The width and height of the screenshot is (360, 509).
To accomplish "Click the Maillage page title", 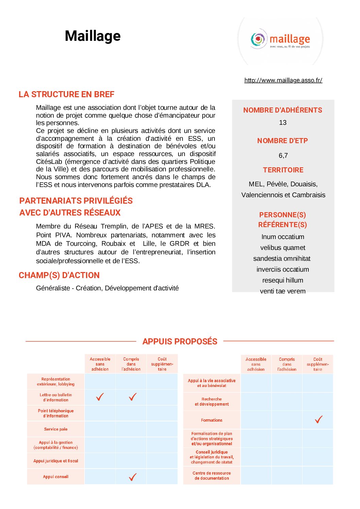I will point(92,36).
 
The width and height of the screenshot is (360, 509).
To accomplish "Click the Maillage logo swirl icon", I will point(258,39).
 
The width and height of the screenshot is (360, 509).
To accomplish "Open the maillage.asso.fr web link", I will point(283,80).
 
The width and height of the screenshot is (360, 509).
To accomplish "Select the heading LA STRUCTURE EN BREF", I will point(66,94).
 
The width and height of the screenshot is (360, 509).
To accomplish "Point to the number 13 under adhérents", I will point(283,123).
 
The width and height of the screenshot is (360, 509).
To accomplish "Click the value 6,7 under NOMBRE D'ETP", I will point(283,155).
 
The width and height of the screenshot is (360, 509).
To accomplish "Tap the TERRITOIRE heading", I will point(283,170).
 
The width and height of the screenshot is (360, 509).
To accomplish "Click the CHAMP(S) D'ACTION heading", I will point(59,275).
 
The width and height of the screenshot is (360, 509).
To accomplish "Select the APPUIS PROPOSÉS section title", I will point(180,341).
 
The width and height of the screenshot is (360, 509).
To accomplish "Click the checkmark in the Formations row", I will point(319,420).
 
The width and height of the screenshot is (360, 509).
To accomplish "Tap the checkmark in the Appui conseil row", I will point(133,477).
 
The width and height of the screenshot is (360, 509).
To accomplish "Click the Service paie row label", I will point(56,429).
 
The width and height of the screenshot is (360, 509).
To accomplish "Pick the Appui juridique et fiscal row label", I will point(56,461).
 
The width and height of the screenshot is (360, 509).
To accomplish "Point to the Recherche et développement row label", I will point(211,402).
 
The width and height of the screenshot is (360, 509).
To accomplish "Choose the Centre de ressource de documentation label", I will point(211,476).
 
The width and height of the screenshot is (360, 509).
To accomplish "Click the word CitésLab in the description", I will point(49,162).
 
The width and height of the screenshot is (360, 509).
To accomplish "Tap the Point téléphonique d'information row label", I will point(56,413).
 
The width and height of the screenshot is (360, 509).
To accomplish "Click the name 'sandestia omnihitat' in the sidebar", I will point(282,259).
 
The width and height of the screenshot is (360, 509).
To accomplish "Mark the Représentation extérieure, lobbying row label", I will point(56,381).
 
